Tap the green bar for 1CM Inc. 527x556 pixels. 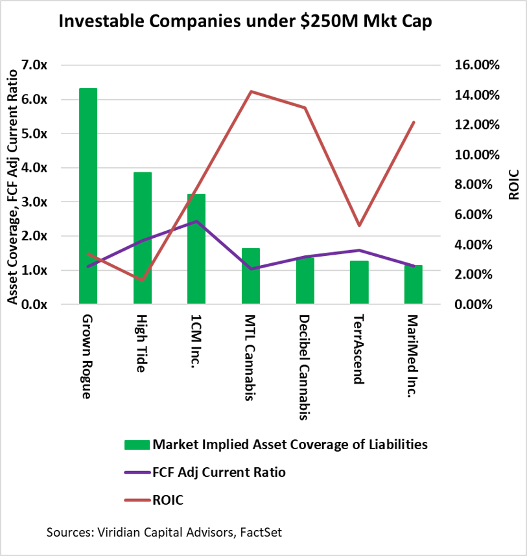click(196, 249)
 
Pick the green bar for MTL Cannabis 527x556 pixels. click(251, 276)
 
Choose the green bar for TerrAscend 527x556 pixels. click(359, 282)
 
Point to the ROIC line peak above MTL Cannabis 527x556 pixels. click(251, 91)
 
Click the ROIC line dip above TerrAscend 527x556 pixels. click(359, 226)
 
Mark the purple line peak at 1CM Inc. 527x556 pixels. click(196, 222)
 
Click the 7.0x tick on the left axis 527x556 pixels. click(34, 65)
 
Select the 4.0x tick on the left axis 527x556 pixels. click(34, 168)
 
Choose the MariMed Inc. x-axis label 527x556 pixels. click(413, 356)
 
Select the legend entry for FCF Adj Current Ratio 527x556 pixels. click(219, 472)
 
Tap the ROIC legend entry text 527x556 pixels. click(169, 500)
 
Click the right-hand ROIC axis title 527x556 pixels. click(513, 185)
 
